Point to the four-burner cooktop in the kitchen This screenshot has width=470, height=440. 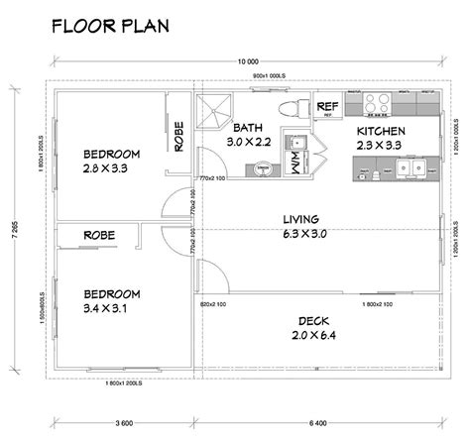[x=377, y=103]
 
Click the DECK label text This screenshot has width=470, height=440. [x=317, y=320]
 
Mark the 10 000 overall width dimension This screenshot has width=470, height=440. [x=247, y=61]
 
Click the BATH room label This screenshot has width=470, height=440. [x=248, y=128]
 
